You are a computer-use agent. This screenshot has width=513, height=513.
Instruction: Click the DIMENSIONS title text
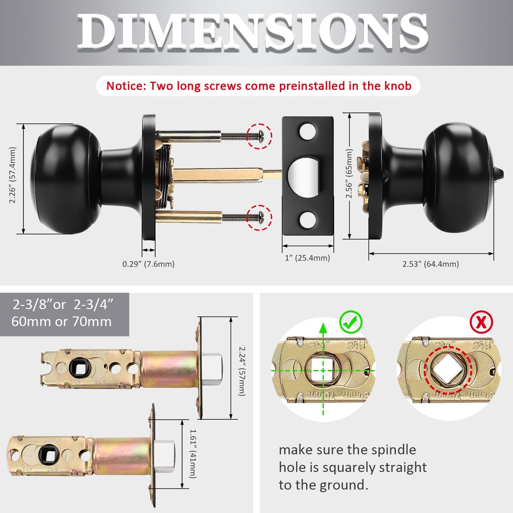253,32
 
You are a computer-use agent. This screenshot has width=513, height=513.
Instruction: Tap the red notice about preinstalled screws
258,86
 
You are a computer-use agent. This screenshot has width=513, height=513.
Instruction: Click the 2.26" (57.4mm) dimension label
13,175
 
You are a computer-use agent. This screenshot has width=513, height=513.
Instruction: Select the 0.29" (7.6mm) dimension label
148,264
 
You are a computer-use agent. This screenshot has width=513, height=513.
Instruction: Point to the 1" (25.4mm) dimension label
307,258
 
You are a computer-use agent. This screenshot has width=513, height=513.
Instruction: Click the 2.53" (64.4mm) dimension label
430,264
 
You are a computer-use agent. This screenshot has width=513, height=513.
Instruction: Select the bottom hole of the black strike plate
307,220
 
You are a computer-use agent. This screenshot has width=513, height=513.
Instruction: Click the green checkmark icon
351,322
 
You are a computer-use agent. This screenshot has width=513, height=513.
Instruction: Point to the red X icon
481,322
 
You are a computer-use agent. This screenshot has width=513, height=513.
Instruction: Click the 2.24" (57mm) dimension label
241,371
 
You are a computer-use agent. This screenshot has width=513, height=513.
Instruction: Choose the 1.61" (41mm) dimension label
193,454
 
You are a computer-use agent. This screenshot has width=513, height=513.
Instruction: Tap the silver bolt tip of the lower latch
165,457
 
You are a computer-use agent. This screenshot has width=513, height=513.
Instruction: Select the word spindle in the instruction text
394,450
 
